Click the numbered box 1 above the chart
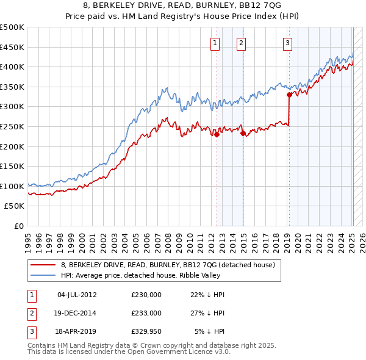point(216,43)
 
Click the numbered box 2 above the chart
point(242,43)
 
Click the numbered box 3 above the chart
point(287,43)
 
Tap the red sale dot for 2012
point(217,135)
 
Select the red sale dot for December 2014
point(243,133)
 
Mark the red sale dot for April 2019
point(289,94)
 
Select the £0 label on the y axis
point(20,226)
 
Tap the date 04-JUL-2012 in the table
point(77,295)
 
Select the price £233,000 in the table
point(146,313)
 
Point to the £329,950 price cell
point(146,331)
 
